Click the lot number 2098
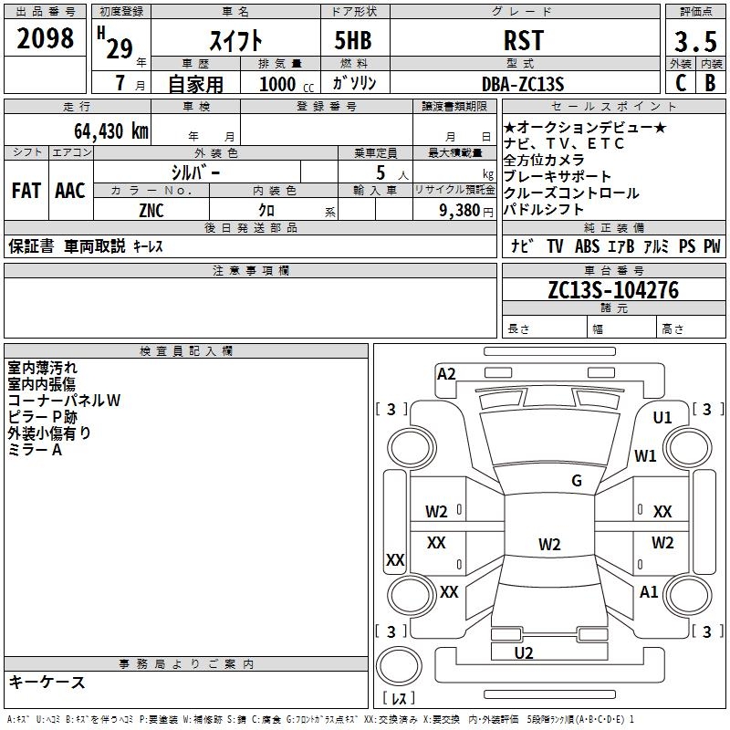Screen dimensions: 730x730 tap(45, 38)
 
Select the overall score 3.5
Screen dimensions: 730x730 tap(695, 41)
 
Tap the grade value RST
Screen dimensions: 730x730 tap(524, 40)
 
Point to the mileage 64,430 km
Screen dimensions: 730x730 tap(111, 130)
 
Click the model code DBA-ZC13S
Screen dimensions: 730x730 tap(523, 84)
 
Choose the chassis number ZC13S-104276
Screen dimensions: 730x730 tap(613, 290)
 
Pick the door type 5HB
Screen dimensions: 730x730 tap(353, 40)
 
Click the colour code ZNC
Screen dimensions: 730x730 tap(151, 211)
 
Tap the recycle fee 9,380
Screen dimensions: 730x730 tap(460, 211)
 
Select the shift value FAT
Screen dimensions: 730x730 tap(26, 191)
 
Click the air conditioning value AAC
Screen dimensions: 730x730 tap(70, 191)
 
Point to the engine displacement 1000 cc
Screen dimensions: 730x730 tap(287, 84)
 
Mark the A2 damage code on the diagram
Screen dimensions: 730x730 tap(446, 374)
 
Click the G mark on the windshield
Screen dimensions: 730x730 tap(577, 480)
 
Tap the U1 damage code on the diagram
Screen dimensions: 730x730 tap(662, 418)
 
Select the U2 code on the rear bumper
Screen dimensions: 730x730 tap(524, 652)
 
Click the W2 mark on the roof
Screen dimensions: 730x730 tap(549, 544)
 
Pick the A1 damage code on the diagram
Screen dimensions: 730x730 tap(649, 591)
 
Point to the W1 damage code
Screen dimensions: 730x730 tap(645, 455)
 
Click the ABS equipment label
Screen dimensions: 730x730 tap(587, 245)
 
